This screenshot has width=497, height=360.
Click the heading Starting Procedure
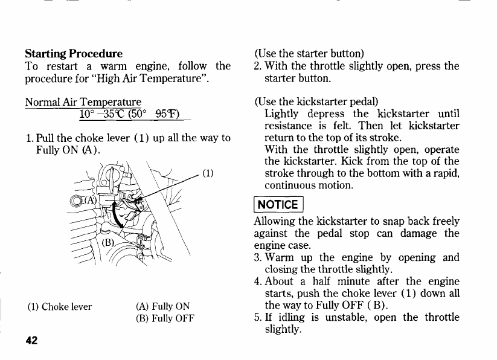(x=73, y=54)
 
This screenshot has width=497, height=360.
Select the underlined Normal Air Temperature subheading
(x=83, y=101)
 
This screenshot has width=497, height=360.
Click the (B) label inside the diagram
(x=107, y=243)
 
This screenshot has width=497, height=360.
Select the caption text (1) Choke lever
(x=59, y=306)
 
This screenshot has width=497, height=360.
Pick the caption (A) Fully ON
(x=164, y=306)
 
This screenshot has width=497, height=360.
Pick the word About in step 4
(x=281, y=281)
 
